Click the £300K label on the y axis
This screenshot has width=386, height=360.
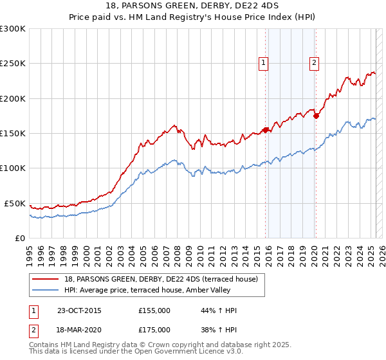[x=13, y=29]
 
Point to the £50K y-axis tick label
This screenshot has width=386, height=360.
[x=15, y=203]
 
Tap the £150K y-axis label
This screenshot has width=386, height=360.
[x=13, y=134]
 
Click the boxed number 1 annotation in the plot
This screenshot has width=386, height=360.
[x=264, y=62]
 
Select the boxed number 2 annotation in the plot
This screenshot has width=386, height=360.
[x=314, y=62]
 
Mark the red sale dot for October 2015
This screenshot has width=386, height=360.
[x=266, y=130]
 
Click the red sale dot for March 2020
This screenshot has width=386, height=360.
[x=316, y=116]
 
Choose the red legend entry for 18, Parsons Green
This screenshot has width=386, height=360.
[x=154, y=278]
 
